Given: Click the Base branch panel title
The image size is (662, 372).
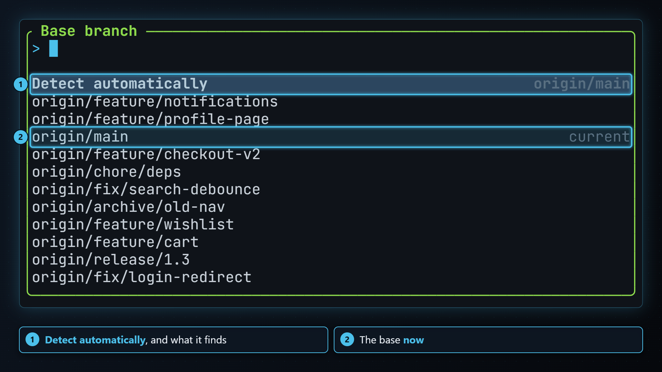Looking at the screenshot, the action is point(89,31).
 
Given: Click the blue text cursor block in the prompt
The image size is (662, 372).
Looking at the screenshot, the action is point(53,49).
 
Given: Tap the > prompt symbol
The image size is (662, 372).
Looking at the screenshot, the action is point(36,49).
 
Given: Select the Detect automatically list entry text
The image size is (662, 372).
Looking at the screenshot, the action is point(120,84).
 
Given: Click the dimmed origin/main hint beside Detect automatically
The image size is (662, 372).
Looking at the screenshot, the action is point(582,84).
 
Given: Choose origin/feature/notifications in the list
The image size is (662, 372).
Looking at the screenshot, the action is point(155,102).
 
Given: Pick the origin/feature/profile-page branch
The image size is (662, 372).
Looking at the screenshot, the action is point(150,119).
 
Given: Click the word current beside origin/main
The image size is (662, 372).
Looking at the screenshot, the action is point(600,137).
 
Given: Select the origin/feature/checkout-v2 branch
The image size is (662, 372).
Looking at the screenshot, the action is point(146,154).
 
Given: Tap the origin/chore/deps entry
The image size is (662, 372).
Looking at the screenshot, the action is point(107,172).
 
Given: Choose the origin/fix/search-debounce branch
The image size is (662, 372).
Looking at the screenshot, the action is point(146,189).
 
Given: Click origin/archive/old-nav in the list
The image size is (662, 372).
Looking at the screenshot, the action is point(129,207).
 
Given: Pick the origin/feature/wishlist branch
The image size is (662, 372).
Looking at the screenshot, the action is point(133,225).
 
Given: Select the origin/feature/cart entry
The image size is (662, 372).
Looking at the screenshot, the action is point(116,242).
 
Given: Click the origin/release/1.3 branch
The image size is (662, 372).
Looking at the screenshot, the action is point(111,260).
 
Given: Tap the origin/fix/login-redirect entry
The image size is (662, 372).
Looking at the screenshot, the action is point(142,277).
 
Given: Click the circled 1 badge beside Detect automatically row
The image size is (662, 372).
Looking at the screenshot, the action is point(21,84).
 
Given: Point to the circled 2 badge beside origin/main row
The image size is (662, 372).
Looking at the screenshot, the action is point(21,137).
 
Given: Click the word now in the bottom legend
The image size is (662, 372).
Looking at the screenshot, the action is point(413,340).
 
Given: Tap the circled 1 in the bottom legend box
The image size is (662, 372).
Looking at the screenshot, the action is point(32,340).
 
